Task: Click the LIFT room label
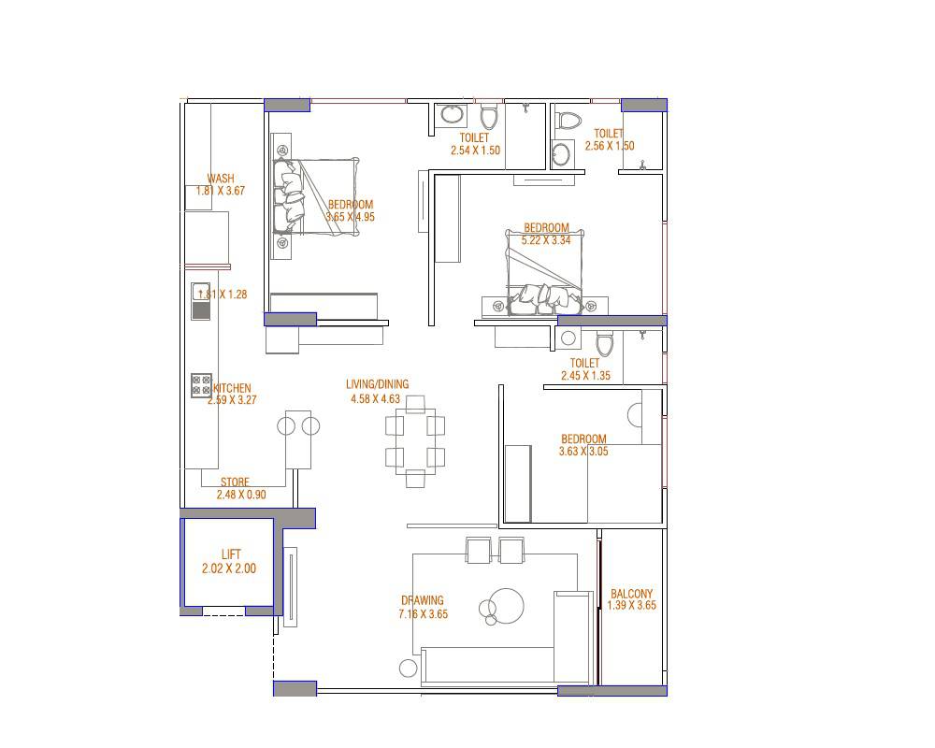click(231, 554)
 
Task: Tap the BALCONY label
click(631, 594)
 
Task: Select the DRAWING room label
click(423, 601)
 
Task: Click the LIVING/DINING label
click(377, 384)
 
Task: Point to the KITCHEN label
click(232, 389)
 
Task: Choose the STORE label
click(235, 482)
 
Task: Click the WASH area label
click(221, 179)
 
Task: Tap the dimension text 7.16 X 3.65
click(423, 614)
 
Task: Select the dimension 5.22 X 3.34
click(546, 240)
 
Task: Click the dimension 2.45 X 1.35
click(585, 376)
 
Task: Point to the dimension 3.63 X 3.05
click(583, 452)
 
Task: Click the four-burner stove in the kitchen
click(201, 384)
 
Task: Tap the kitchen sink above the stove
click(201, 292)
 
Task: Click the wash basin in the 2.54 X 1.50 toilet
click(453, 115)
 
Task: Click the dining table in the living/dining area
click(415, 440)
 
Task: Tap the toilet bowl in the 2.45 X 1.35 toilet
click(604, 344)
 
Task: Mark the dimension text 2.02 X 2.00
click(228, 568)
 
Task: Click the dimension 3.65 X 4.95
click(350, 217)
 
